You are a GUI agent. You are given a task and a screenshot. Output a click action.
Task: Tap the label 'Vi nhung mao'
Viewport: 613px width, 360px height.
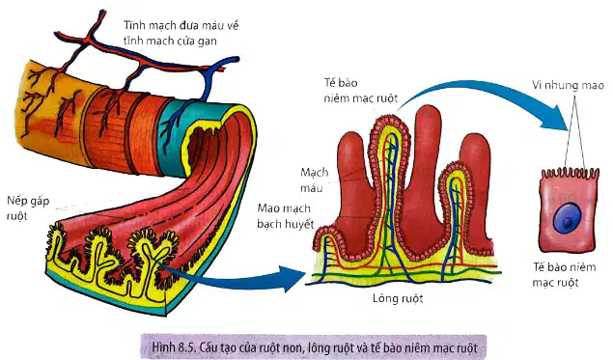coord(568,85)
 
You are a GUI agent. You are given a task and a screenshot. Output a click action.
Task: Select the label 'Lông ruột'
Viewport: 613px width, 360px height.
coord(398,299)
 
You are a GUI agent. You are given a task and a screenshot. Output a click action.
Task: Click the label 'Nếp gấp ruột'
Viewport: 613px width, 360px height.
coord(28,208)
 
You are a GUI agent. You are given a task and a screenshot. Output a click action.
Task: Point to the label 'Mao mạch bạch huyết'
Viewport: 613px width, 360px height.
coord(286,216)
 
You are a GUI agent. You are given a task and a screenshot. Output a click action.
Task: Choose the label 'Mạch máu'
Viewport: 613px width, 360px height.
coord(314,180)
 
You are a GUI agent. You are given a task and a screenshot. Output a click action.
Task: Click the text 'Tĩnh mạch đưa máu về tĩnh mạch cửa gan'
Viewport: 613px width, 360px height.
coord(181,33)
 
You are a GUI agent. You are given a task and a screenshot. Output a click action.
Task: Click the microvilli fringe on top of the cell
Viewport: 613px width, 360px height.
coord(570,173)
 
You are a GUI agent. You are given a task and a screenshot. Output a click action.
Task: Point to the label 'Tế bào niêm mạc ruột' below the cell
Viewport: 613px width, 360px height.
coord(564,275)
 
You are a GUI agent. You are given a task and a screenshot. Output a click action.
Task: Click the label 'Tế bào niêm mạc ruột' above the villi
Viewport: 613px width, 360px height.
coord(360,91)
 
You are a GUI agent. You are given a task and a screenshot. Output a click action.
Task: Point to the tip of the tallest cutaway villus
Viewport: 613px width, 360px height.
coord(389,116)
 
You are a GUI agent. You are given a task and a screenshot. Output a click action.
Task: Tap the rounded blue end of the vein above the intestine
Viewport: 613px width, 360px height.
coord(235,60)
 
